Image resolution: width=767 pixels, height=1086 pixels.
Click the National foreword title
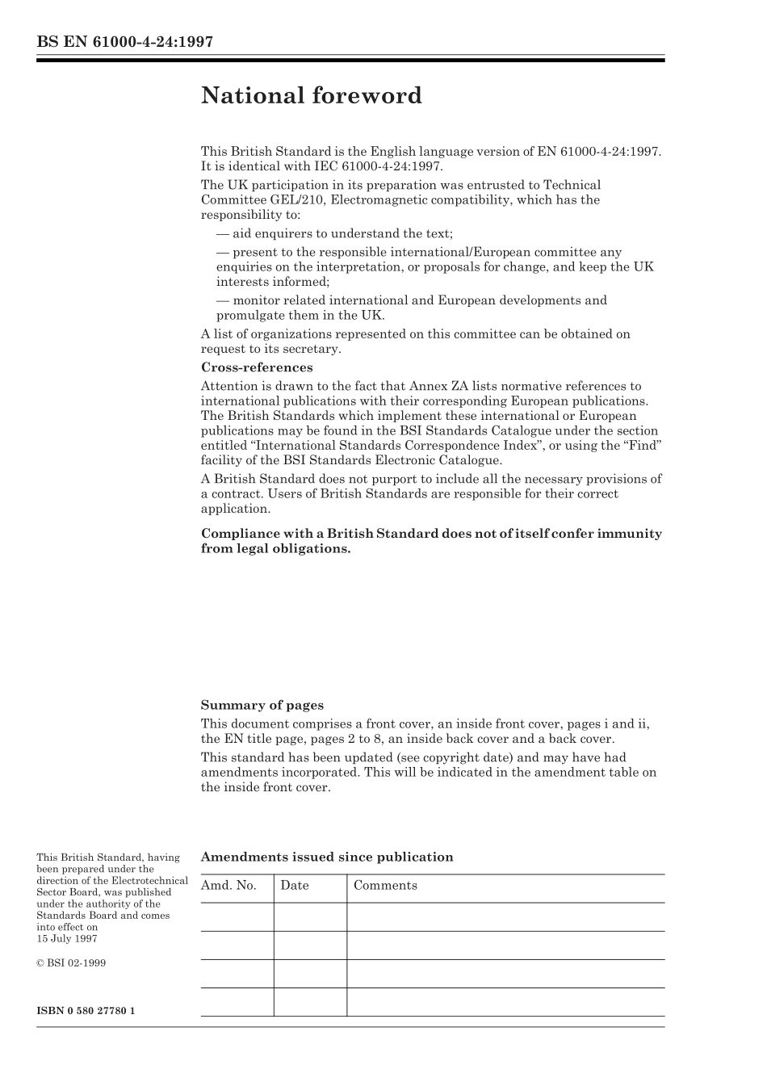pyautogui.click(x=311, y=96)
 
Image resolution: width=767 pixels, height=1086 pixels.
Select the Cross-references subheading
pyautogui.click(x=257, y=367)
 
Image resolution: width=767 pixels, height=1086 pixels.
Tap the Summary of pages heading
pyautogui.click(x=262, y=705)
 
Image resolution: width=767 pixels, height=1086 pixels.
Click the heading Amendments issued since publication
pyautogui.click(x=326, y=857)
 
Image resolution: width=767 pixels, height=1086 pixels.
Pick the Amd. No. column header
pyautogui.click(x=228, y=886)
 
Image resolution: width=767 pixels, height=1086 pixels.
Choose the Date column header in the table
pyautogui.click(x=295, y=886)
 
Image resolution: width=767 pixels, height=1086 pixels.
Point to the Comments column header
pyautogui.click(x=385, y=886)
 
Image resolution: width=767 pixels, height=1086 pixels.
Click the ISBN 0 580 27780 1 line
pyautogui.click(x=86, y=1011)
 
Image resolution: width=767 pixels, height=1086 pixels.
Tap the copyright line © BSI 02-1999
pyautogui.click(x=71, y=962)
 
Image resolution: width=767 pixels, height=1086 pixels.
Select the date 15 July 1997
pyautogui.click(x=67, y=938)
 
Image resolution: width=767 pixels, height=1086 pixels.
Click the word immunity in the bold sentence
pyautogui.click(x=629, y=534)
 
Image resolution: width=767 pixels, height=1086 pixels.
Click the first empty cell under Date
pyautogui.click(x=310, y=917)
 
